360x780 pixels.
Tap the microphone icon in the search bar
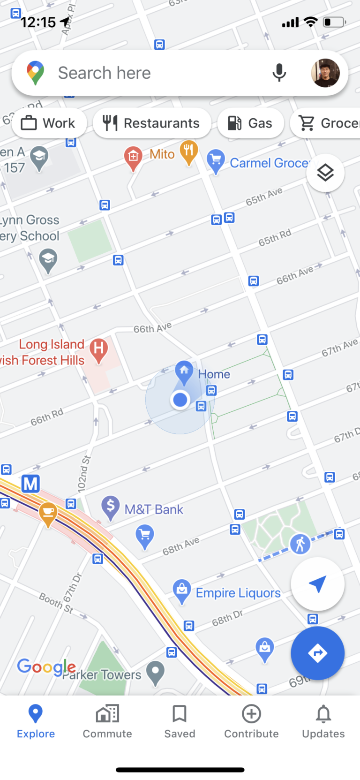tap(279, 73)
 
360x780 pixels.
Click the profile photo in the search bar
tap(325, 73)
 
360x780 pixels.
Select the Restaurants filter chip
tap(152, 123)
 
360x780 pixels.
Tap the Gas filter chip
tap(250, 123)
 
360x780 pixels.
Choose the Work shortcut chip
tap(49, 123)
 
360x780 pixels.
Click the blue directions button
tap(317, 652)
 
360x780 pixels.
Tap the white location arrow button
tap(317, 584)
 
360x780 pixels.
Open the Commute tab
tap(107, 721)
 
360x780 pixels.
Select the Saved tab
tap(180, 721)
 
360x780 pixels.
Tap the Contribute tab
tap(251, 721)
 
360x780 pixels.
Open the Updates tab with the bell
tap(323, 721)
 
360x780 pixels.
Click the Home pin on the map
tap(184, 371)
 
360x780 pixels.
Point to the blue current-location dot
tap(180, 400)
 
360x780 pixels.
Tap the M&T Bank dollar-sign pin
tap(111, 507)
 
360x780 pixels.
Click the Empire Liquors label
tap(238, 593)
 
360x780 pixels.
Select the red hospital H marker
tap(98, 349)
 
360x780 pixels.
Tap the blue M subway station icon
tap(31, 483)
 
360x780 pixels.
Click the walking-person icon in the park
tap(300, 544)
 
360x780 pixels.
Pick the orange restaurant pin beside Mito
tap(188, 151)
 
